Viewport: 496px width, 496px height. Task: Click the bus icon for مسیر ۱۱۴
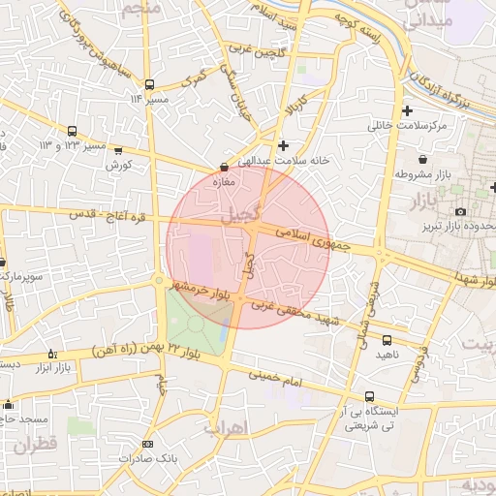pyautogui.click(x=148, y=84)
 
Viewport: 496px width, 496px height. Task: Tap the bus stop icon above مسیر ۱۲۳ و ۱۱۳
pyautogui.click(x=73, y=132)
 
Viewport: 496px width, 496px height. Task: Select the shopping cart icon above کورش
pyautogui.click(x=118, y=151)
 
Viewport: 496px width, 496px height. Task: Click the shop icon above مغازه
pyautogui.click(x=225, y=168)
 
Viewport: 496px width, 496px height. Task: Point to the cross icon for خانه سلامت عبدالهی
pyautogui.click(x=282, y=145)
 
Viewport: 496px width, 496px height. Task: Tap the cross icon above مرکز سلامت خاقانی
pyautogui.click(x=407, y=111)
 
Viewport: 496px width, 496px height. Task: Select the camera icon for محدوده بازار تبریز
pyautogui.click(x=460, y=211)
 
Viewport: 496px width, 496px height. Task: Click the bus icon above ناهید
pyautogui.click(x=387, y=340)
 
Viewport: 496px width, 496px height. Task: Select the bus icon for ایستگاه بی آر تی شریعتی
pyautogui.click(x=369, y=397)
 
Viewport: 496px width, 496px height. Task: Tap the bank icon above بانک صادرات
pyautogui.click(x=147, y=445)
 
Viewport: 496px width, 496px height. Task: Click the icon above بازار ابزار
pyautogui.click(x=52, y=355)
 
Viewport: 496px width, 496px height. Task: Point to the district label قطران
pyautogui.click(x=37, y=444)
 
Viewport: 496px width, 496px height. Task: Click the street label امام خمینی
pyautogui.click(x=276, y=379)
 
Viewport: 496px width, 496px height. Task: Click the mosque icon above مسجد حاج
pyautogui.click(x=9, y=405)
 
